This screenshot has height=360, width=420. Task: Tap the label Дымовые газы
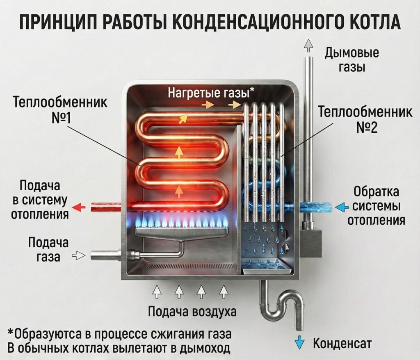tap(352, 59)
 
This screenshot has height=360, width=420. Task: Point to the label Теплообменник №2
tap(365, 119)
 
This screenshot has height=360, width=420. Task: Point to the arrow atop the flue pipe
tap(308, 46)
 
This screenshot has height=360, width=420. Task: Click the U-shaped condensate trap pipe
tap(283, 305)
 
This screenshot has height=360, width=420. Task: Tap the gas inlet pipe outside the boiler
tap(105, 255)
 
